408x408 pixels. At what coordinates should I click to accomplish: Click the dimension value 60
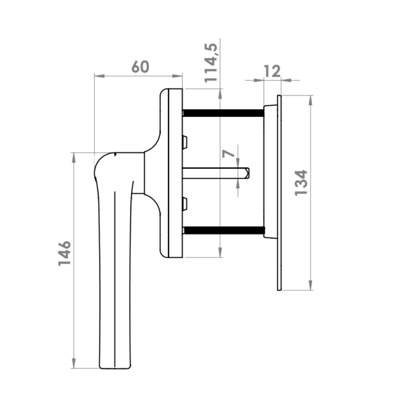pyautogui.click(x=140, y=67)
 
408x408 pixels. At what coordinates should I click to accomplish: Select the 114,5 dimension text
pyautogui.click(x=211, y=63)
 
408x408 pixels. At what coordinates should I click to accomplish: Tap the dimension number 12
pyautogui.click(x=272, y=71)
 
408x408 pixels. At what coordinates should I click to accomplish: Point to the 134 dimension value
pyautogui.click(x=301, y=183)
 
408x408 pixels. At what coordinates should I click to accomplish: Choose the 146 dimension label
pyautogui.click(x=64, y=253)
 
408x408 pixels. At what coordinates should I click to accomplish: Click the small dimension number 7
pyautogui.click(x=228, y=154)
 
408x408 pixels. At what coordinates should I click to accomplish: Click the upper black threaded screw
pyautogui.click(x=223, y=113)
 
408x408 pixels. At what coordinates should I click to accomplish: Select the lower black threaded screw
pyautogui.click(x=224, y=231)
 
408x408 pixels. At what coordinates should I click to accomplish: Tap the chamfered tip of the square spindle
pyautogui.click(x=247, y=173)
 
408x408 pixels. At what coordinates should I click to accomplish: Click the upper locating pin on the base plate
pyautogui.click(x=185, y=142)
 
